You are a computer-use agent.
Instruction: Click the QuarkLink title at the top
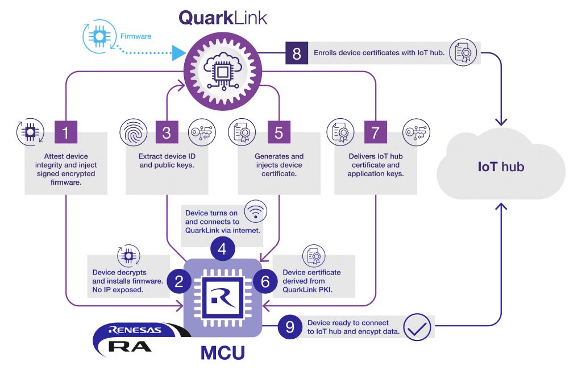click(223, 17)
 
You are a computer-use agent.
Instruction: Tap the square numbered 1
click(66, 132)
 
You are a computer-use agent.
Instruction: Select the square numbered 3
click(167, 132)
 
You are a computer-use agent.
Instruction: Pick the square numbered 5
click(278, 132)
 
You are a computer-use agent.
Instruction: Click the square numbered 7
click(375, 132)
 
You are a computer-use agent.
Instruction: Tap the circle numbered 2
click(179, 281)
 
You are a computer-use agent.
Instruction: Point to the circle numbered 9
click(290, 327)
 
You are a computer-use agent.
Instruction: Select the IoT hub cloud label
click(500, 167)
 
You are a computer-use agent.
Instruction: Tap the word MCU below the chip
click(223, 353)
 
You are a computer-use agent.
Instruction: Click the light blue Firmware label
click(135, 36)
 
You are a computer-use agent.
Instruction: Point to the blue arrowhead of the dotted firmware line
click(179, 54)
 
